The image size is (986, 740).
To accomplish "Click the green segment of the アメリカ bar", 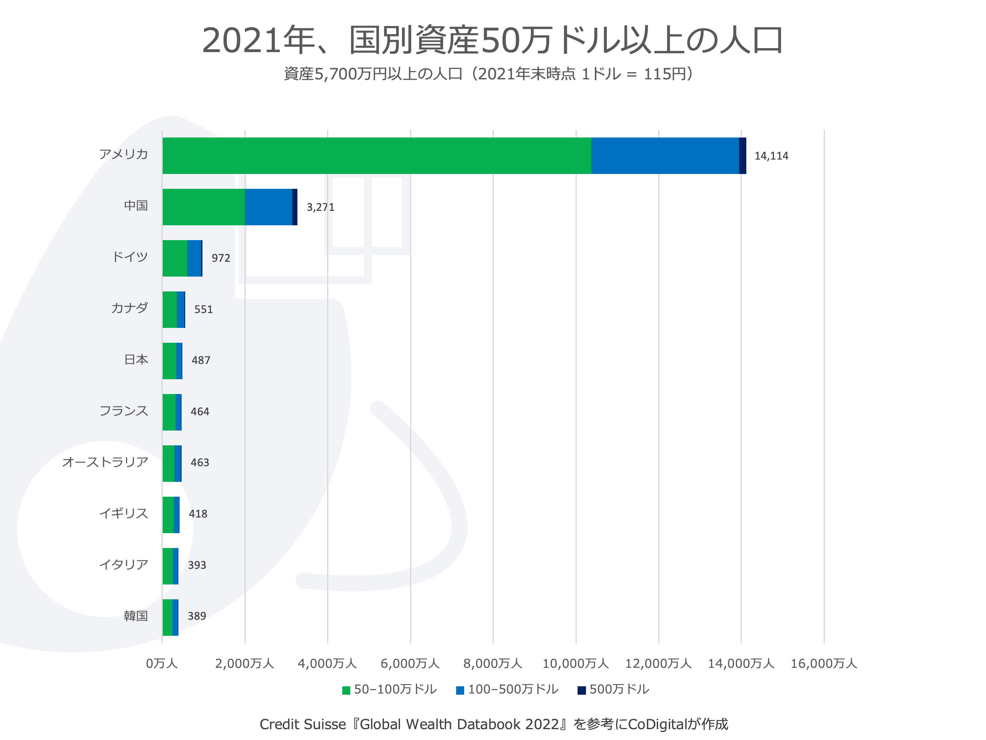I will [x=377, y=156].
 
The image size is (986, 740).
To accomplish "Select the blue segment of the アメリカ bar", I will [x=665, y=156].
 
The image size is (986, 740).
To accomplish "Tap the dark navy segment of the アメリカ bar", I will [x=742, y=156].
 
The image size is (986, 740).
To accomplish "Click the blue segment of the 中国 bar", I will [x=268, y=207].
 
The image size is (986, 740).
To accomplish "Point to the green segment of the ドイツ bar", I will [x=175, y=258].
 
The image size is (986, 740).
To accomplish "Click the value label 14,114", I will [x=771, y=156].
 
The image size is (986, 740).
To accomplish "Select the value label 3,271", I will [x=321, y=207].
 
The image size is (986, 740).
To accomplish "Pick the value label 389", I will [x=196, y=617].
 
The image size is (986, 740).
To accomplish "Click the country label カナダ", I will [x=129, y=308].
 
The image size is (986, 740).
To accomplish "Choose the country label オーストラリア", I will [x=105, y=462].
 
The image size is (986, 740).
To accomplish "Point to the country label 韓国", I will [x=135, y=616].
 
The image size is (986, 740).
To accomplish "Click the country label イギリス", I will [x=123, y=514].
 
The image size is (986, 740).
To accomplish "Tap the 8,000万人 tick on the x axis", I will [x=493, y=664].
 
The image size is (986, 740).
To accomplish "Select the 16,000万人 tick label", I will [x=824, y=664].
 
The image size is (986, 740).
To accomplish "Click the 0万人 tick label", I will [x=162, y=664].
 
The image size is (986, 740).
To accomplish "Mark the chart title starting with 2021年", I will [x=493, y=40].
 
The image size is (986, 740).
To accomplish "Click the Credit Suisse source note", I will [x=494, y=724].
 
